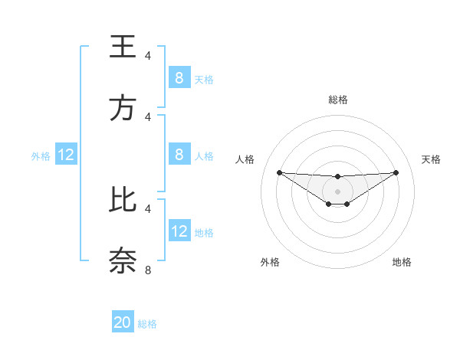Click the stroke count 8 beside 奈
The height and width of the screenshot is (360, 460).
point(148,270)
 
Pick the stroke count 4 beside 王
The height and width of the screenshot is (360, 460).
point(148,56)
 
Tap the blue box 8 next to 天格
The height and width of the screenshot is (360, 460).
point(179,78)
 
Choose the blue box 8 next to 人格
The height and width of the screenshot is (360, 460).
point(179,155)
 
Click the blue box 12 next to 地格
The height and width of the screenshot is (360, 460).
point(179,231)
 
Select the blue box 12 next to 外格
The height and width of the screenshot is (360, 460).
point(66,155)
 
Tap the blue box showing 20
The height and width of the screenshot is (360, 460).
point(123,322)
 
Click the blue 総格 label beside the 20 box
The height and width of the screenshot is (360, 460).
point(147,324)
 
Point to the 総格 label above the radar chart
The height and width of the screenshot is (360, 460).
point(337,100)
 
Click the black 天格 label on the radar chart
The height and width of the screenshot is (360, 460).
point(431,159)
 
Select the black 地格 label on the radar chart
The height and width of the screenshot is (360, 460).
point(402,262)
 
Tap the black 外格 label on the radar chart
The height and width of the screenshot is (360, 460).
point(270,262)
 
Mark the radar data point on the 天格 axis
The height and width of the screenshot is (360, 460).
point(396,172)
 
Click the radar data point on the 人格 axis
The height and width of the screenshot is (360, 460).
point(279,172)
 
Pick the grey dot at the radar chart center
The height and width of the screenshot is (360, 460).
point(337,191)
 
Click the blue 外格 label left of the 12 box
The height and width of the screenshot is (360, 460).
point(41,155)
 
